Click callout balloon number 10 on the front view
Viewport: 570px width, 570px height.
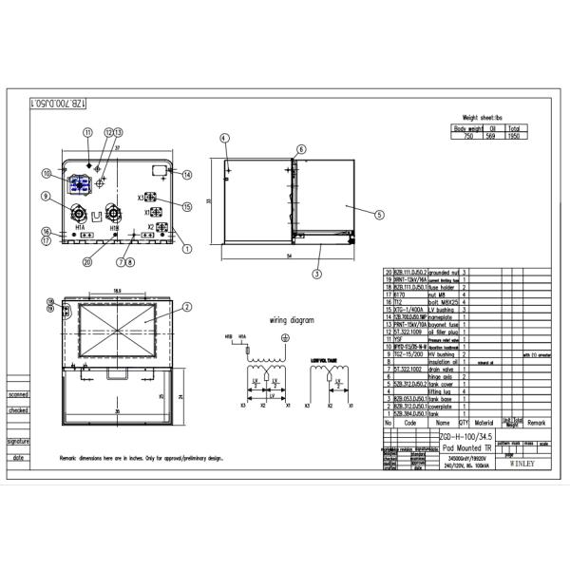point(46,173)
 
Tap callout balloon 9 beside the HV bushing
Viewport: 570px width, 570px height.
point(46,197)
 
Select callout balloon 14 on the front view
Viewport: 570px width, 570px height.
point(187,175)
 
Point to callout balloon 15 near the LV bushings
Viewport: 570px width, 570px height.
point(187,206)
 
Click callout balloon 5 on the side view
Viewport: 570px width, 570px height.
point(379,215)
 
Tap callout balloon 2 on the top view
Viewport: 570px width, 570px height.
point(187,307)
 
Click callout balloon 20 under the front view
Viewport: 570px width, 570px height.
point(86,261)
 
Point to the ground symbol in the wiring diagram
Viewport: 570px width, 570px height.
point(286,336)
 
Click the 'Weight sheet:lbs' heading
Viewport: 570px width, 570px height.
point(489,119)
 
